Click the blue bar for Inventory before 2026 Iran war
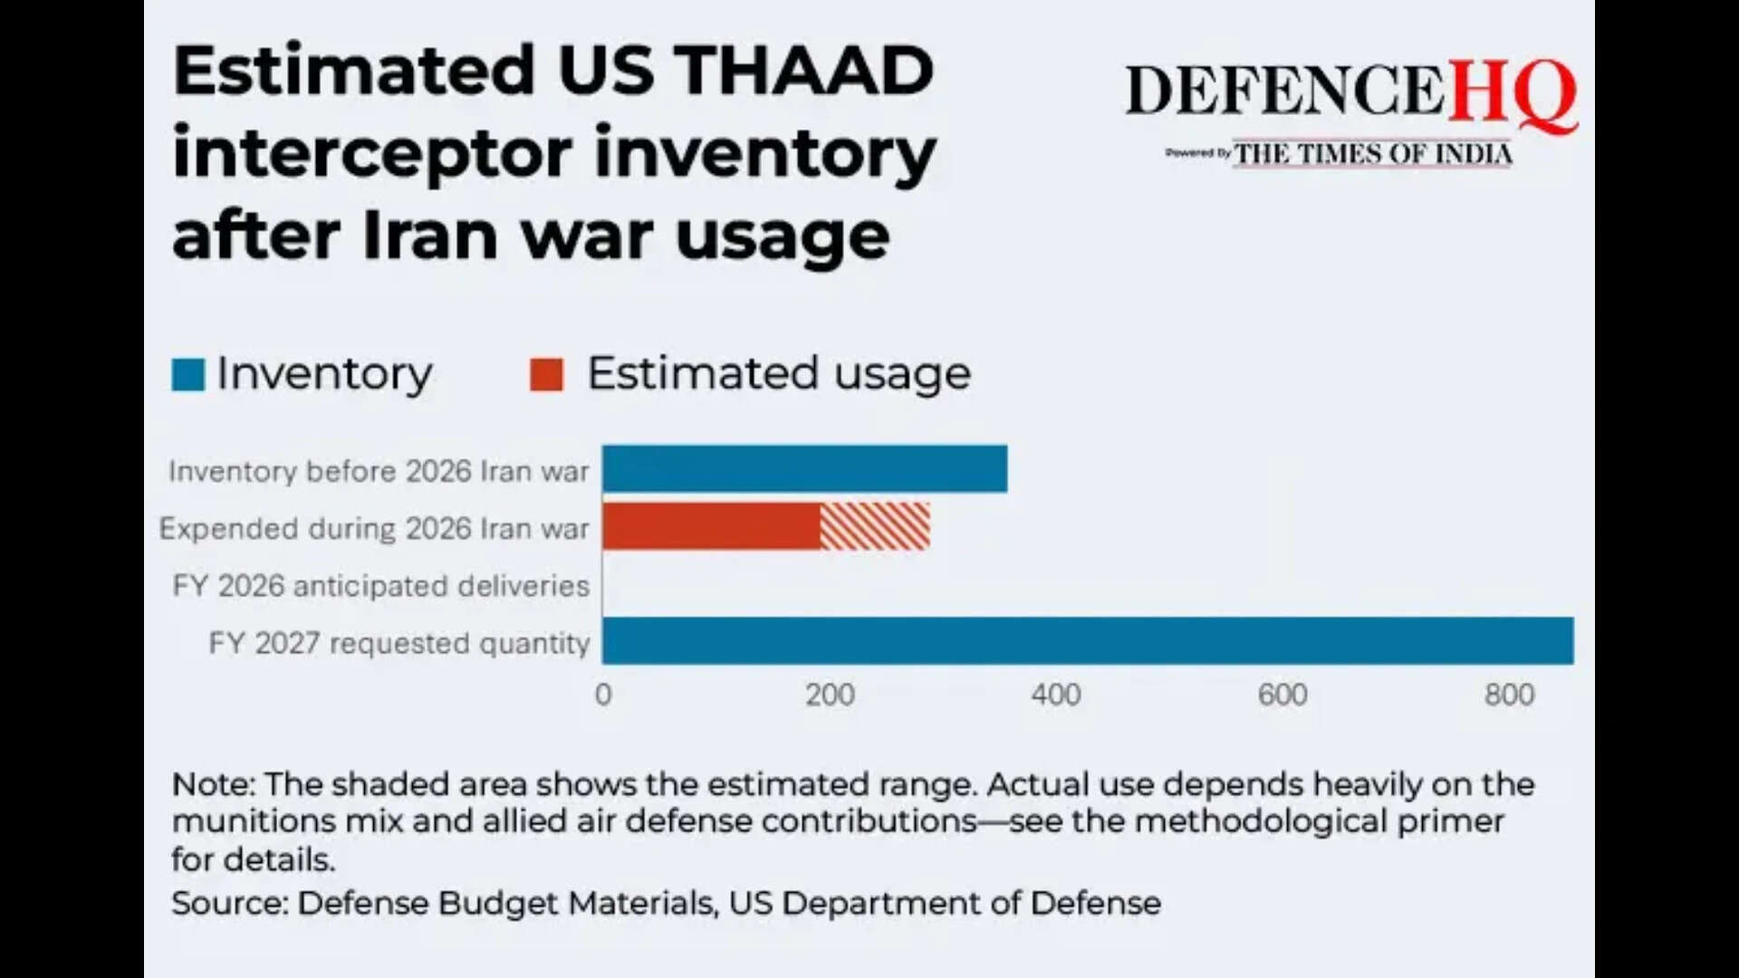click(x=804, y=469)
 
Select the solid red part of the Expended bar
click(x=711, y=527)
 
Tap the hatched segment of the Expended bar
click(x=875, y=527)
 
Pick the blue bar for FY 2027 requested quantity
click(x=1087, y=641)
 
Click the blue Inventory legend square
click(x=187, y=375)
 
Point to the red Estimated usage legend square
click(x=546, y=375)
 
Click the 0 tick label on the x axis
click(x=603, y=695)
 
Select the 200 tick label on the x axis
click(x=830, y=695)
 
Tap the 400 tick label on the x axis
click(x=1056, y=695)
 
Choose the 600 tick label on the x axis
click(x=1283, y=695)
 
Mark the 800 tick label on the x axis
click(x=1509, y=695)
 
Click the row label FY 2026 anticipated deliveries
click(x=380, y=586)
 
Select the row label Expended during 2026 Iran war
click(x=374, y=528)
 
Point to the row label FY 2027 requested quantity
click(x=399, y=643)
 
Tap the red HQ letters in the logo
click(x=1513, y=92)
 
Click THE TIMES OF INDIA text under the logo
click(x=1373, y=154)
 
